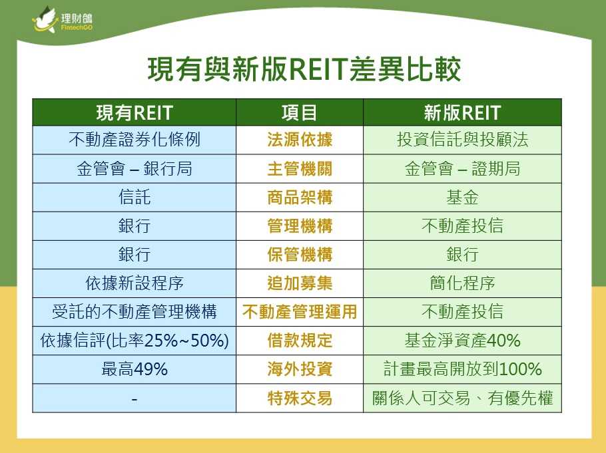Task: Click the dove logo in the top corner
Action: point(45,19)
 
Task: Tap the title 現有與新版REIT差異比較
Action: point(304,70)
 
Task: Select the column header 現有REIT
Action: point(134,113)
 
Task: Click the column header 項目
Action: point(299,113)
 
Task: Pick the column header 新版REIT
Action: point(462,113)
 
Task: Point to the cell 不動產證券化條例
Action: point(134,140)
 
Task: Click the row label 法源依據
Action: point(300,140)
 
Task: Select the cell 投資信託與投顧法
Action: point(462,140)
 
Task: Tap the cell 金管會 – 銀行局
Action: point(134,169)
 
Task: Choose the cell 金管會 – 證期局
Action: point(462,169)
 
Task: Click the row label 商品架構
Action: point(300,198)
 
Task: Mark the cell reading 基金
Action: point(462,198)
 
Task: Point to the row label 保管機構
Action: point(300,255)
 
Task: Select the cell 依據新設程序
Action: point(134,283)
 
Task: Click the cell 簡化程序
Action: point(462,283)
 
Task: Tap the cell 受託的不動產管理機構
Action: point(134,312)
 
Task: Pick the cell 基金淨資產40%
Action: point(462,340)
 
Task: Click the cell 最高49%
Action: point(134,369)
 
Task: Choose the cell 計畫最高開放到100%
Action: point(462,369)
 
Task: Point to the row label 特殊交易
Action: point(300,398)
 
